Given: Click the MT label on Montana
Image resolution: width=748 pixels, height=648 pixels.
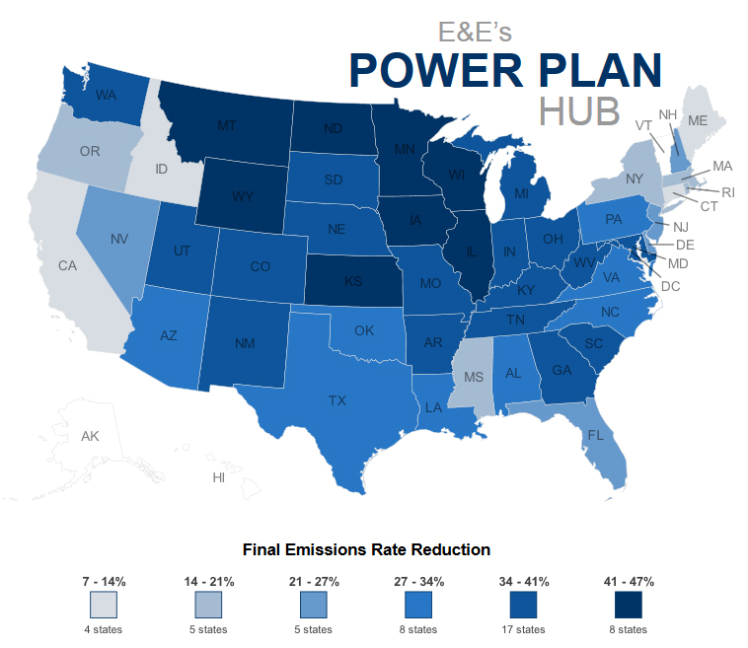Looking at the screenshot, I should pyautogui.click(x=227, y=126).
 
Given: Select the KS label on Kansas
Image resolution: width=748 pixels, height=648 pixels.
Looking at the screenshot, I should pyautogui.click(x=353, y=280).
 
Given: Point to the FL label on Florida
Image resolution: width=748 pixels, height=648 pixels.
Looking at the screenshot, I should pyautogui.click(x=595, y=435).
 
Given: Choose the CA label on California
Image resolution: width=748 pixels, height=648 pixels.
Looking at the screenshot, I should pyautogui.click(x=67, y=265).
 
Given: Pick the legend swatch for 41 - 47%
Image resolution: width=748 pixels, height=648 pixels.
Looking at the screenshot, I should pyautogui.click(x=629, y=604).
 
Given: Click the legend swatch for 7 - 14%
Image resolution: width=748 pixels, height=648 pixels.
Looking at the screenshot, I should pyautogui.click(x=104, y=604).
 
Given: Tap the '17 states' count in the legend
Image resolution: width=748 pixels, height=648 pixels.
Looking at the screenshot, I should pyautogui.click(x=523, y=628).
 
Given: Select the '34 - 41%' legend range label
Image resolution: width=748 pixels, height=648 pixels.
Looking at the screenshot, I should pyautogui.click(x=523, y=581).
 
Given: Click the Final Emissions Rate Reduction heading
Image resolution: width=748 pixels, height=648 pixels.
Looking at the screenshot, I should pyautogui.click(x=366, y=548).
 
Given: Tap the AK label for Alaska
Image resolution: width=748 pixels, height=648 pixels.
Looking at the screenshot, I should pyautogui.click(x=90, y=436).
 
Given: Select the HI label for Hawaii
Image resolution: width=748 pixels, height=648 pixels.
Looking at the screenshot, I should pyautogui.click(x=219, y=477).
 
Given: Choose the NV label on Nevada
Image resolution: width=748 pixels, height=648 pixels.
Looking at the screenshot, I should pyautogui.click(x=119, y=239).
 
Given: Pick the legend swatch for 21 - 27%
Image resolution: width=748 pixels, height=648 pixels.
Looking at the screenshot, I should pyautogui.click(x=314, y=604).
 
